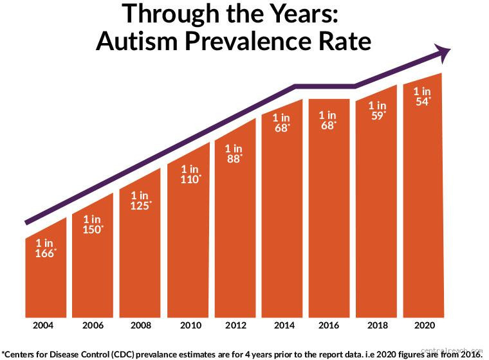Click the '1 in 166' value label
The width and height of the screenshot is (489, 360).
click(x=45, y=248)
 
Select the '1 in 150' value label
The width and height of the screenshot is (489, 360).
click(x=92, y=224)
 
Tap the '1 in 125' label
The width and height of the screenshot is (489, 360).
click(x=140, y=201)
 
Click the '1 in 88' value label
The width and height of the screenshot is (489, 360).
click(x=234, y=153)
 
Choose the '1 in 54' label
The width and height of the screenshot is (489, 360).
click(x=423, y=96)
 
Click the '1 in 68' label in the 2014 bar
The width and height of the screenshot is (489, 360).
click(x=282, y=122)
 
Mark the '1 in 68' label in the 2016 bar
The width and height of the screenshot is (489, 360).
click(x=329, y=120)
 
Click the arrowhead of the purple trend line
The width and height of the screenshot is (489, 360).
click(x=443, y=53)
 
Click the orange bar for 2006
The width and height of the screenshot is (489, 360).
click(x=92, y=276)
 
